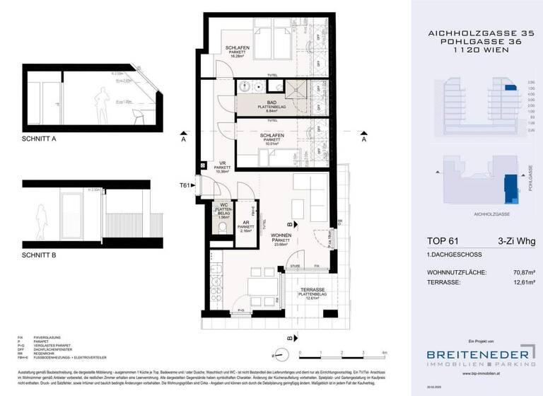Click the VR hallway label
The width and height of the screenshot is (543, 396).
221,162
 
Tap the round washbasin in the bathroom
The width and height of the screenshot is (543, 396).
245,87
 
